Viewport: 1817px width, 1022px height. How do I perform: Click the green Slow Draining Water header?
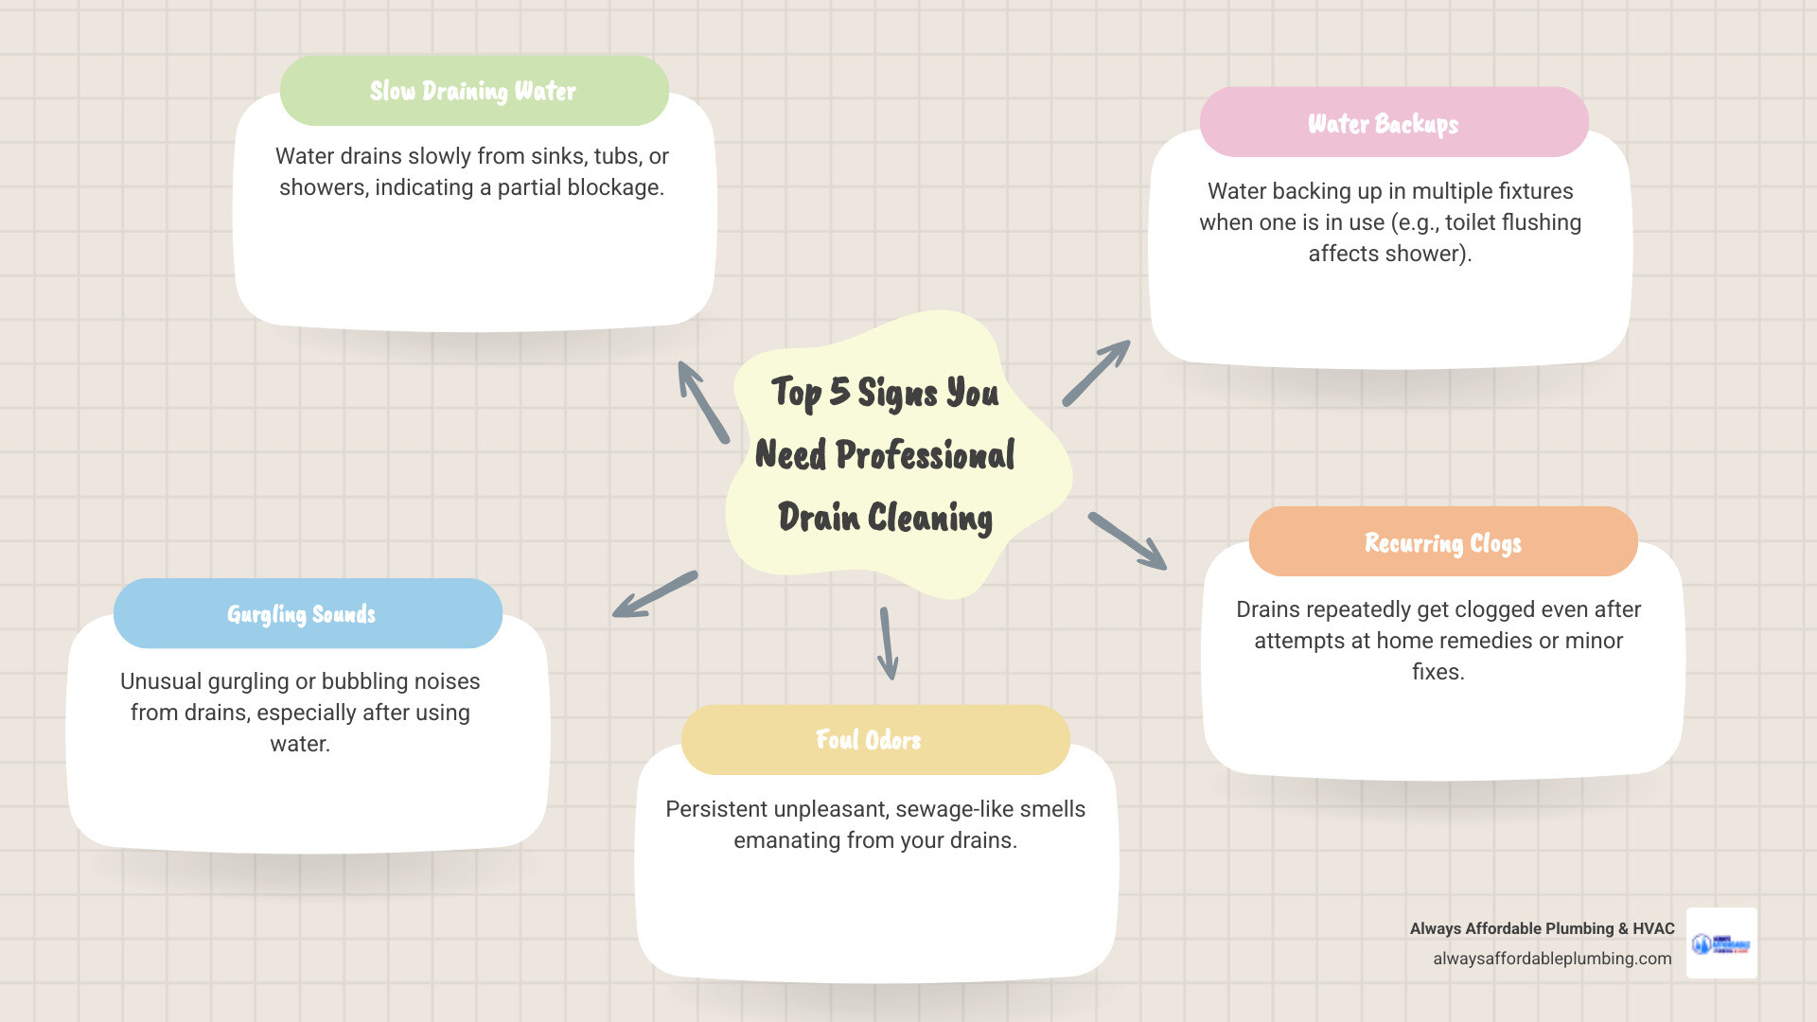[473, 91]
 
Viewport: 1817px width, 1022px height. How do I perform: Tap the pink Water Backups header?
[1384, 123]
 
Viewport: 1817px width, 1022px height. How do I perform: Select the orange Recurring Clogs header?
[1442, 542]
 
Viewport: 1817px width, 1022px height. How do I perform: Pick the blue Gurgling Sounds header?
[301, 614]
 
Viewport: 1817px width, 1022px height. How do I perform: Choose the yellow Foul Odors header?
[869, 740]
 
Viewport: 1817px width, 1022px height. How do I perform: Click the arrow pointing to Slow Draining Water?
[702, 401]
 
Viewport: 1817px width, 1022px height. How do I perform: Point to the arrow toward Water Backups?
[1096, 373]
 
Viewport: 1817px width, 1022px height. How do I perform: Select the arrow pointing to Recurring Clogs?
[1127, 541]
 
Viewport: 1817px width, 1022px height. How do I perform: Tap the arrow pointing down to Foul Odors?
[888, 643]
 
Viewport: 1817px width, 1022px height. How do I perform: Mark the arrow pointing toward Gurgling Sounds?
[655, 594]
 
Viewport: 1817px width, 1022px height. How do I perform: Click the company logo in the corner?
[1721, 943]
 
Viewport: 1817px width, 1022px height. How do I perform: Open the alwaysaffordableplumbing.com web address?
[1552, 959]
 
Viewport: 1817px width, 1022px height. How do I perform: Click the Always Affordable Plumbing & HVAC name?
[1542, 928]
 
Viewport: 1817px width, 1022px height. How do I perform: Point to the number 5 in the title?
[839, 391]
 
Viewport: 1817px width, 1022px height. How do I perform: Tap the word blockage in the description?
[614, 187]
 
